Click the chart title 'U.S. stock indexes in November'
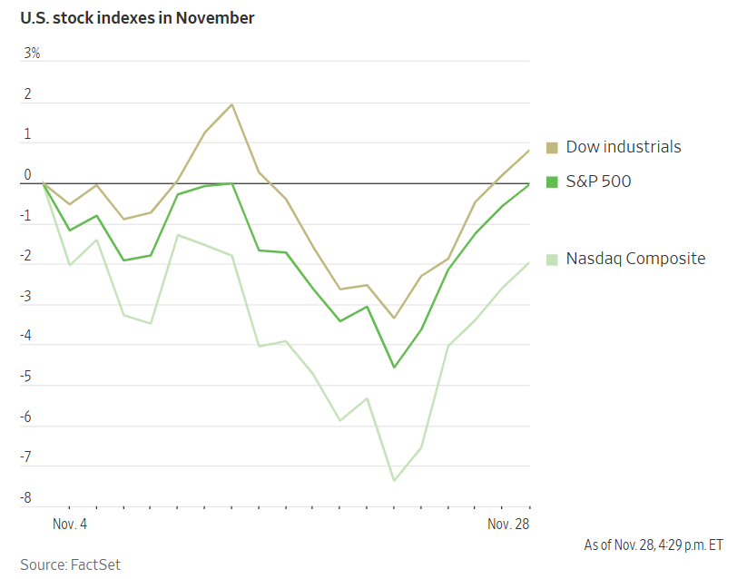tap(138, 18)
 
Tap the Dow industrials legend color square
tap(552, 147)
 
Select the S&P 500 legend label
tap(598, 182)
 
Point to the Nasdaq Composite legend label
tap(635, 259)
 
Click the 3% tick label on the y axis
tap(32, 53)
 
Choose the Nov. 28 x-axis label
tap(507, 525)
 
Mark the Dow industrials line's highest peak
tap(231, 104)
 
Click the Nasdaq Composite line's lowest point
tap(394, 480)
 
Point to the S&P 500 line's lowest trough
tap(394, 367)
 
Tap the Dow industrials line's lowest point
tap(394, 318)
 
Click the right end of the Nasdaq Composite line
tap(529, 262)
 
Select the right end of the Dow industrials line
tap(529, 151)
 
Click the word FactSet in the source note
tap(95, 564)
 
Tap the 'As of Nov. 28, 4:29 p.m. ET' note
tap(653, 545)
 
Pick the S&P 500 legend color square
tap(552, 182)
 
